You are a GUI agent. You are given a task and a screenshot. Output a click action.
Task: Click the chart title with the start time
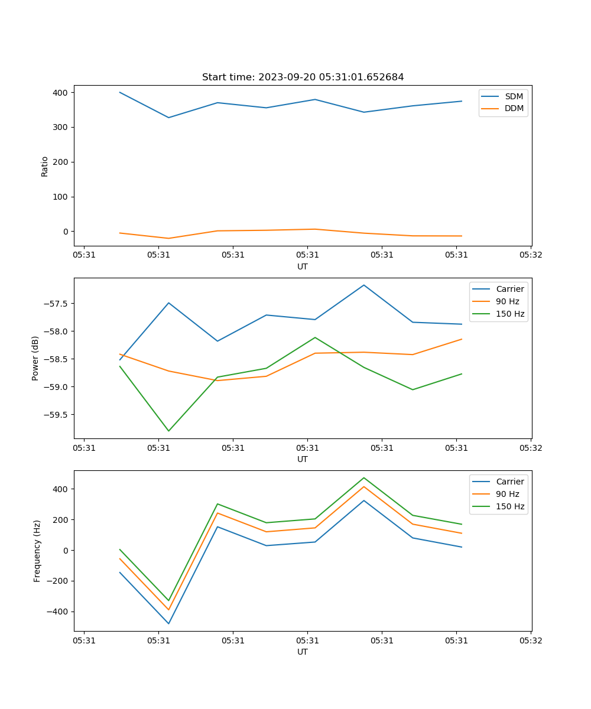(303, 77)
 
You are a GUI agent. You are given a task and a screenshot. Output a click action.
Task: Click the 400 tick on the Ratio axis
(61, 93)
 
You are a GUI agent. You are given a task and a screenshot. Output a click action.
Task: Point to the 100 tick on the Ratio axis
(61, 197)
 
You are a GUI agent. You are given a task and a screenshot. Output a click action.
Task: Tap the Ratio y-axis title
(45, 166)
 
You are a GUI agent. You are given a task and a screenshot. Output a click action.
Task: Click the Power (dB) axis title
(35, 358)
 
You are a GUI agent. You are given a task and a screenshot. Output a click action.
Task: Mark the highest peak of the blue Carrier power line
(364, 285)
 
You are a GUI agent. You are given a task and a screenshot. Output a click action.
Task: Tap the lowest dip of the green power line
(168, 431)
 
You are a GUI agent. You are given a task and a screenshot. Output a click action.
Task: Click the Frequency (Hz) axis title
(37, 551)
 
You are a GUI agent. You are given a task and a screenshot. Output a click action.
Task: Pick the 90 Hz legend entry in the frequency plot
(508, 494)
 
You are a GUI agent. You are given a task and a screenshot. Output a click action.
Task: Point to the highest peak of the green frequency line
(364, 477)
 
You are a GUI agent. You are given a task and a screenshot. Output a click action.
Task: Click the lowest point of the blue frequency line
(168, 623)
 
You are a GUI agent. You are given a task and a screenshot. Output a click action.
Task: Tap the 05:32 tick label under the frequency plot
(530, 640)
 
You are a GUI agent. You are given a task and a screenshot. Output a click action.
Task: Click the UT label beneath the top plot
(303, 266)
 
